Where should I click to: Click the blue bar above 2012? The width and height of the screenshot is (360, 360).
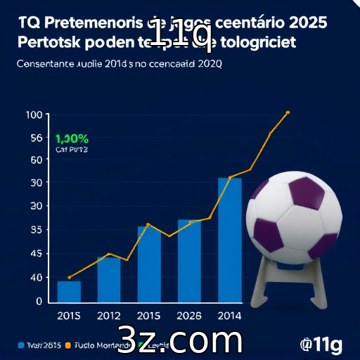(108, 279)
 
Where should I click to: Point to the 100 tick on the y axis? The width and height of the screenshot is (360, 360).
(34, 115)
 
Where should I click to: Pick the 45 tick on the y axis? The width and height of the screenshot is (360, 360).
(36, 253)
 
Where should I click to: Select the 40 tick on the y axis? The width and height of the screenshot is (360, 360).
(36, 277)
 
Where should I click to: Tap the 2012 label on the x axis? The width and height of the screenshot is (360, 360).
(108, 314)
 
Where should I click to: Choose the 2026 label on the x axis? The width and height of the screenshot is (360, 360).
(189, 314)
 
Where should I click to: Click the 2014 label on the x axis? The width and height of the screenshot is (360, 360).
(229, 314)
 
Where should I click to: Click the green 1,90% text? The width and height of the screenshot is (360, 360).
(72, 139)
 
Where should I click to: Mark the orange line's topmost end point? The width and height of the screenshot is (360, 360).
(288, 112)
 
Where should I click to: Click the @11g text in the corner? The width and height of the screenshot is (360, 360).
(321, 344)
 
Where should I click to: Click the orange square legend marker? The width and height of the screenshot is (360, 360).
(67, 345)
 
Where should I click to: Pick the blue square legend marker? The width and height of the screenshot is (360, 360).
(18, 345)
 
